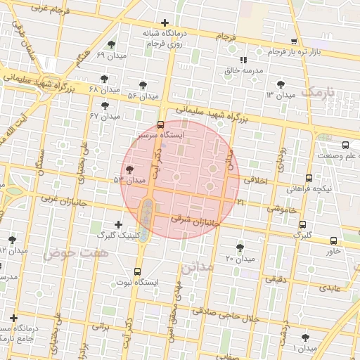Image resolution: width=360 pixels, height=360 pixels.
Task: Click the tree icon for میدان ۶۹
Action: click(x=112, y=44)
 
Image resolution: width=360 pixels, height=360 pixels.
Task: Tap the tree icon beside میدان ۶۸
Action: click(x=105, y=79)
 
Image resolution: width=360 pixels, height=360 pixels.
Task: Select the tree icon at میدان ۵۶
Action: click(x=143, y=85)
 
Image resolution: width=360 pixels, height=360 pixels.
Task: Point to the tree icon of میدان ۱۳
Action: click(x=281, y=84)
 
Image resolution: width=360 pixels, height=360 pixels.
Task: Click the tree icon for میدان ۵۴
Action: click(x=129, y=169)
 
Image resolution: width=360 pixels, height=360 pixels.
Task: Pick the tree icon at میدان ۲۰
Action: click(x=240, y=247)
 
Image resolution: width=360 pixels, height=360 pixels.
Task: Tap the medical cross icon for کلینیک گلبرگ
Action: click(x=118, y=224)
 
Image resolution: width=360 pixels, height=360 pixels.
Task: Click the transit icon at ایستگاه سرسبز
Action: click(x=161, y=124)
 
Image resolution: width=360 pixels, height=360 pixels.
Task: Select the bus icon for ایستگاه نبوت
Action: click(x=137, y=271)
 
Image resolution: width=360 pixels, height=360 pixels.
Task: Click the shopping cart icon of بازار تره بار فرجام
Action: click(x=294, y=41)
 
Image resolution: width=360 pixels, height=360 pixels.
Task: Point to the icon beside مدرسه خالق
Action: click(x=243, y=60)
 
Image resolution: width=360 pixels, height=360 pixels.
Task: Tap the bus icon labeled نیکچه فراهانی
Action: click(x=309, y=179)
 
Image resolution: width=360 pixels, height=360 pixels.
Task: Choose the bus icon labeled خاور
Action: click(x=333, y=240)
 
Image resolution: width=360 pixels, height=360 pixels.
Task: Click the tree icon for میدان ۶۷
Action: click(x=105, y=105)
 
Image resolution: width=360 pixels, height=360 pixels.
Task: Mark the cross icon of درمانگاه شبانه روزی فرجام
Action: click(x=165, y=23)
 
